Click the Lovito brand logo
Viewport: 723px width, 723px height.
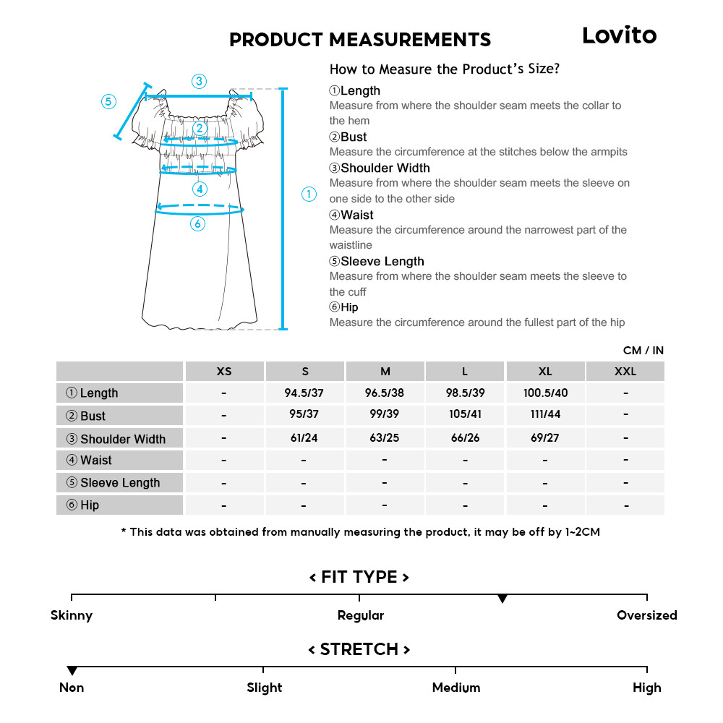point(620,35)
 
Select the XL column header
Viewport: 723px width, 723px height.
point(545,372)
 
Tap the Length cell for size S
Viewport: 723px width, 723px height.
point(304,393)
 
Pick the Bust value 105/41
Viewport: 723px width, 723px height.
point(465,415)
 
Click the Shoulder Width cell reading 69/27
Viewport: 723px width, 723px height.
point(545,438)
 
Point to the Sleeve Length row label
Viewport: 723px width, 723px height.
point(119,483)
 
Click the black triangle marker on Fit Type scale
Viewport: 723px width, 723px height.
point(502,599)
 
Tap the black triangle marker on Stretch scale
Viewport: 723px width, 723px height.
point(72,671)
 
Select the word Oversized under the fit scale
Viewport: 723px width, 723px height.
point(646,616)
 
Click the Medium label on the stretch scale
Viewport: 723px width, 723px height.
point(455,688)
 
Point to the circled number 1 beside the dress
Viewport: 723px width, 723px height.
point(309,194)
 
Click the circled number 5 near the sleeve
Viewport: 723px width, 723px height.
point(108,101)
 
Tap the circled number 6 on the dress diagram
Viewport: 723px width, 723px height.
point(198,224)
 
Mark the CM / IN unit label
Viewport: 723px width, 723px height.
point(643,351)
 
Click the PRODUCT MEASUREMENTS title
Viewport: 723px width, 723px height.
point(359,40)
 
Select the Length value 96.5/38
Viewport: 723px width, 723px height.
point(385,393)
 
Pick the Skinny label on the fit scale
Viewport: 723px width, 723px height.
point(72,616)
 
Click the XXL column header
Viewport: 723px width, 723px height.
point(625,372)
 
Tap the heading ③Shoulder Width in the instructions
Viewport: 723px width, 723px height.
point(380,168)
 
